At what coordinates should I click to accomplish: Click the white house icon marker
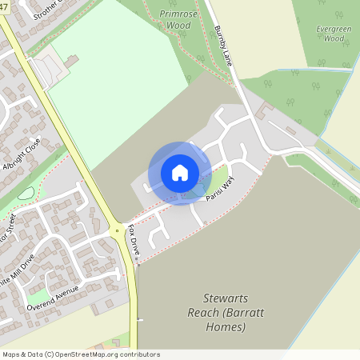180,172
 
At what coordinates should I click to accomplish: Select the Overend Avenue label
53,298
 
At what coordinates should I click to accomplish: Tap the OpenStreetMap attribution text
81,354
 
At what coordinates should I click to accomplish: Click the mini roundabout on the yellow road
117,231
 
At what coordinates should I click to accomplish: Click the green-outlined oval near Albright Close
26,193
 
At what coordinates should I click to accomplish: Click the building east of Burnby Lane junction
266,106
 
